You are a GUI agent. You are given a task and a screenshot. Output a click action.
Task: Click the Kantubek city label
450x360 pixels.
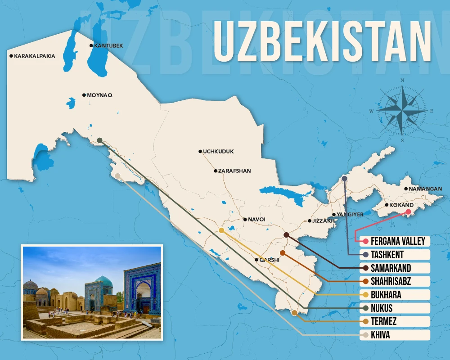[x=108, y=46]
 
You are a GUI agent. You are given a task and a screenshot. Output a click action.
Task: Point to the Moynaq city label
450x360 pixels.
[x=99, y=95]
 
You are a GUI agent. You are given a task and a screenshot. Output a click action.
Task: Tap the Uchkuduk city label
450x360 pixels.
[x=218, y=152]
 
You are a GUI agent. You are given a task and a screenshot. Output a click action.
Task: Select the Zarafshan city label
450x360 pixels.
[x=234, y=171]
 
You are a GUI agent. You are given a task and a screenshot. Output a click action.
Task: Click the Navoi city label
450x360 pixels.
[x=256, y=220]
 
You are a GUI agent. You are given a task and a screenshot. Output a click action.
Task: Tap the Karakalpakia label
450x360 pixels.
[x=35, y=56]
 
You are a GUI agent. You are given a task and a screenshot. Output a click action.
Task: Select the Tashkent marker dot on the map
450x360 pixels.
[x=344, y=179]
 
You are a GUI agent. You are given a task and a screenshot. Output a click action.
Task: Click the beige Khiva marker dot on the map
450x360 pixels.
[x=117, y=176]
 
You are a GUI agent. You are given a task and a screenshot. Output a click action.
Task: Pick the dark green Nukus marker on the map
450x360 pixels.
[x=99, y=140]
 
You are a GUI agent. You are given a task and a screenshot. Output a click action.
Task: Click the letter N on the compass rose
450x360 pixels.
[x=402, y=81]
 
